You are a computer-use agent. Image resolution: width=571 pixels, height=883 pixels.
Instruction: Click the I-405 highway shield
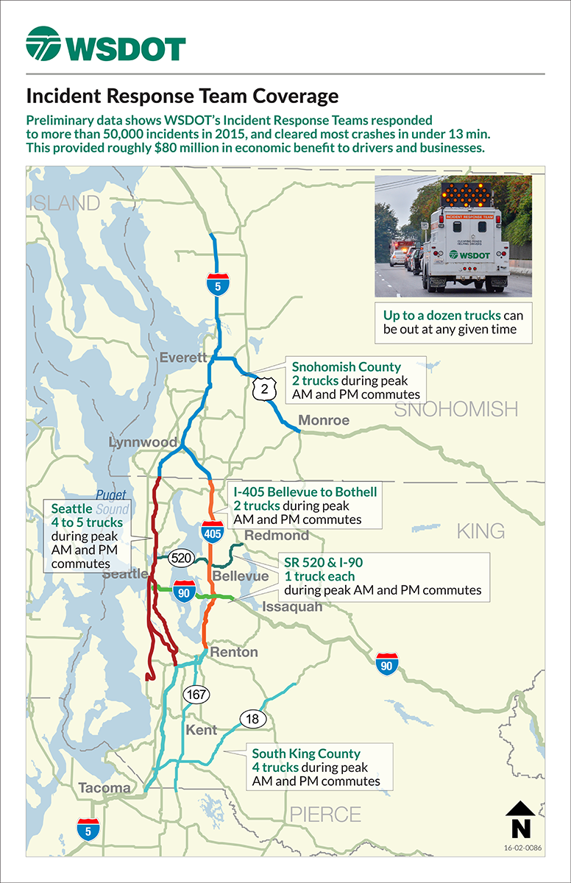(x=213, y=530)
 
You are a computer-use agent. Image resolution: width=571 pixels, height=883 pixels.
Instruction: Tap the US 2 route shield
(x=264, y=391)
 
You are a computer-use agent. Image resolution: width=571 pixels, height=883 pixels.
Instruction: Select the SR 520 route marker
(x=181, y=557)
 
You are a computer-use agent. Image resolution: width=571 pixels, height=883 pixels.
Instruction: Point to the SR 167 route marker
(x=196, y=695)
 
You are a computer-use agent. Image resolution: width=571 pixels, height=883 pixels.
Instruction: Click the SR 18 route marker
(x=251, y=719)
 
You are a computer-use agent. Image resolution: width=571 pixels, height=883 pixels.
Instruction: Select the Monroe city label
(x=324, y=421)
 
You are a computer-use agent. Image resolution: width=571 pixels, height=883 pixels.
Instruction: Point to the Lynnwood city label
(x=143, y=442)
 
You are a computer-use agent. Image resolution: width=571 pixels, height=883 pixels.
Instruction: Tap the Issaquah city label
(x=293, y=607)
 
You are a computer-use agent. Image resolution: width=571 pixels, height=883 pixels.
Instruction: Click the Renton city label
(x=234, y=652)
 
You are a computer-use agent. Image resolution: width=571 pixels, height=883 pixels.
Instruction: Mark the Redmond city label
(x=271, y=535)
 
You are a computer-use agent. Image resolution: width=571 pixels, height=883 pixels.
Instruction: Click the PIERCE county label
(x=325, y=815)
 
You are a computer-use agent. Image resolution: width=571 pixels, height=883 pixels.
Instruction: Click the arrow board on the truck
(x=465, y=194)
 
